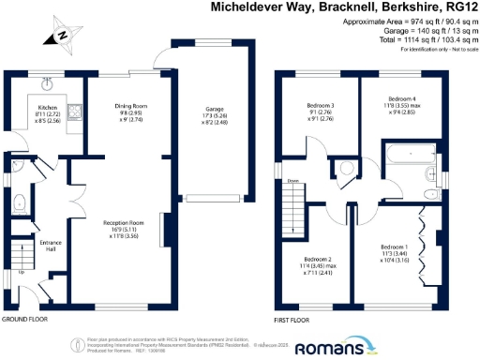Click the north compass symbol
pyautogui.click(x=62, y=37)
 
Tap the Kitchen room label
pyautogui.click(x=47, y=109)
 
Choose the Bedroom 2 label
pyautogui.click(x=320, y=260)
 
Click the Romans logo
pyautogui.click(x=330, y=348)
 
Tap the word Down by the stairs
pyautogui.click(x=292, y=181)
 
